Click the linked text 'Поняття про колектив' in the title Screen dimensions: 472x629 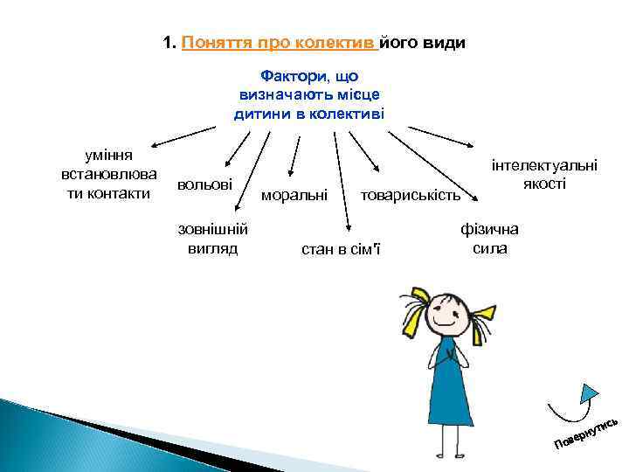[279, 43]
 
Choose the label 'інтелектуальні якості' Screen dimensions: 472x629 [544, 174]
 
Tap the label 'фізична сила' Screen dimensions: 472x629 [489, 238]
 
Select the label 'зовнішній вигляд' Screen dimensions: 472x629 [213, 238]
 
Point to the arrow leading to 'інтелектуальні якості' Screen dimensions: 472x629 [442, 140]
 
